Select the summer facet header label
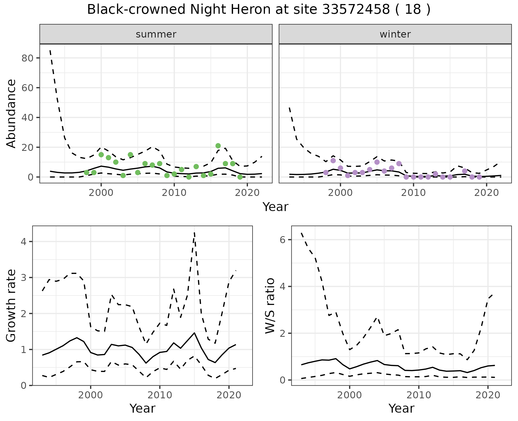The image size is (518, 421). click(x=156, y=34)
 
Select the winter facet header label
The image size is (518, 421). click(x=395, y=34)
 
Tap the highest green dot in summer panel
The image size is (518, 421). click(x=218, y=146)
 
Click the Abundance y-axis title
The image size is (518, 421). click(x=11, y=113)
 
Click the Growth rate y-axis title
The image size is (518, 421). click(x=11, y=305)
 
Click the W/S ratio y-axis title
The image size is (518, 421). click(x=270, y=305)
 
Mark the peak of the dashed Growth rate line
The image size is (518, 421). click(x=195, y=233)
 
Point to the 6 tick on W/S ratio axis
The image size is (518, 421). click(x=283, y=240)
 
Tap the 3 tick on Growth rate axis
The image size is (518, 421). click(x=23, y=277)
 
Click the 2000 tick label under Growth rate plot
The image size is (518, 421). click(x=91, y=395)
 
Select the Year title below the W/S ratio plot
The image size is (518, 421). click(x=401, y=408)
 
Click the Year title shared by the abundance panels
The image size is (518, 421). click(x=275, y=207)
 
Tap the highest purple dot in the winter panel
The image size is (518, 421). click(x=333, y=161)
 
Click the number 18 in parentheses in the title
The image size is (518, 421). click(x=413, y=10)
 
